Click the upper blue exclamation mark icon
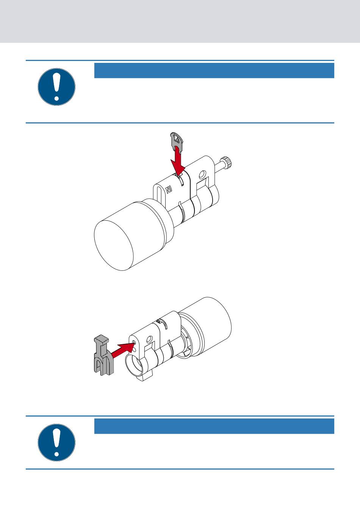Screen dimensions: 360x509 click(56, 87)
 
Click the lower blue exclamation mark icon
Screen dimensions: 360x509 click(56, 442)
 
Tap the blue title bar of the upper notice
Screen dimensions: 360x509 click(214, 70)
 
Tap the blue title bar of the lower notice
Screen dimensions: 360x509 click(214, 426)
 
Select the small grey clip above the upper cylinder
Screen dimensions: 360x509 click(177, 142)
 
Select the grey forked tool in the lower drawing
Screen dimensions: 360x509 click(104, 355)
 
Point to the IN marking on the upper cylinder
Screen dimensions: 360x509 click(169, 189)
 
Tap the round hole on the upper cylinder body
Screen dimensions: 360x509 click(202, 175)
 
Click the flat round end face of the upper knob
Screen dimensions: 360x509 click(114, 245)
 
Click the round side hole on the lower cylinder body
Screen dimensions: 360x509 click(149, 339)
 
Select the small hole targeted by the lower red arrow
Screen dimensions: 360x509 click(134, 342)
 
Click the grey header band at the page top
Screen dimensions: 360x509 click(180, 21)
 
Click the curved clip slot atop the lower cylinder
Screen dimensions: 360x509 click(164, 323)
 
